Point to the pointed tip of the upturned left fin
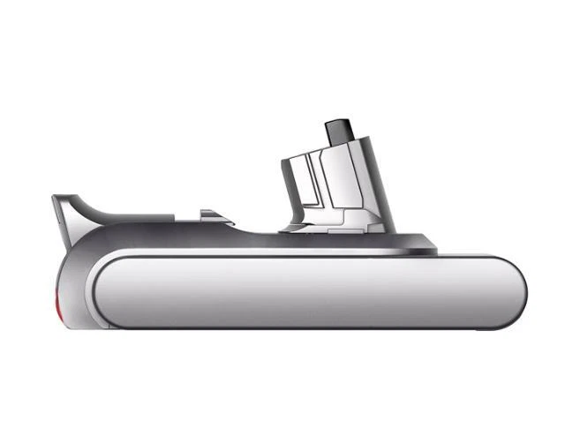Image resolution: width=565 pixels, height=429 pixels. pos(56,197)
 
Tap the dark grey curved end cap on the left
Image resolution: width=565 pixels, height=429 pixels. pos(75,282)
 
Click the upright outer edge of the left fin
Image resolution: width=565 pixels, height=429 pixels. pos(59,221)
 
